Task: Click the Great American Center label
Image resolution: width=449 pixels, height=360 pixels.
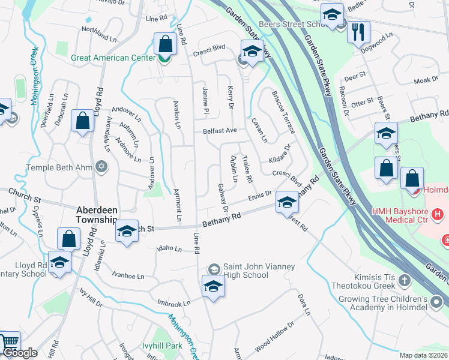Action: pyautogui.click(x=109, y=58)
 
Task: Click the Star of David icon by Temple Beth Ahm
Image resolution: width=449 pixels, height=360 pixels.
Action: pyautogui.click(x=101, y=166)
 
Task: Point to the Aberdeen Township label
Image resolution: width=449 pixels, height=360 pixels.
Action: pyautogui.click(x=96, y=215)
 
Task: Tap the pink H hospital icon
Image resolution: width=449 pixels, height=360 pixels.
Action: pyautogui.click(x=438, y=214)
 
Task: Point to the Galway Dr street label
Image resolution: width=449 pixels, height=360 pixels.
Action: pyautogui.click(x=224, y=198)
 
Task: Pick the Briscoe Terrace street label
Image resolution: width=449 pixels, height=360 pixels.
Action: pyautogui.click(x=283, y=112)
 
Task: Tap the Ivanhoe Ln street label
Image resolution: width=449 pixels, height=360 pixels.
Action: pyautogui.click(x=128, y=276)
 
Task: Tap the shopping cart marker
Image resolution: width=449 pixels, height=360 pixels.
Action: pyautogui.click(x=9, y=342)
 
